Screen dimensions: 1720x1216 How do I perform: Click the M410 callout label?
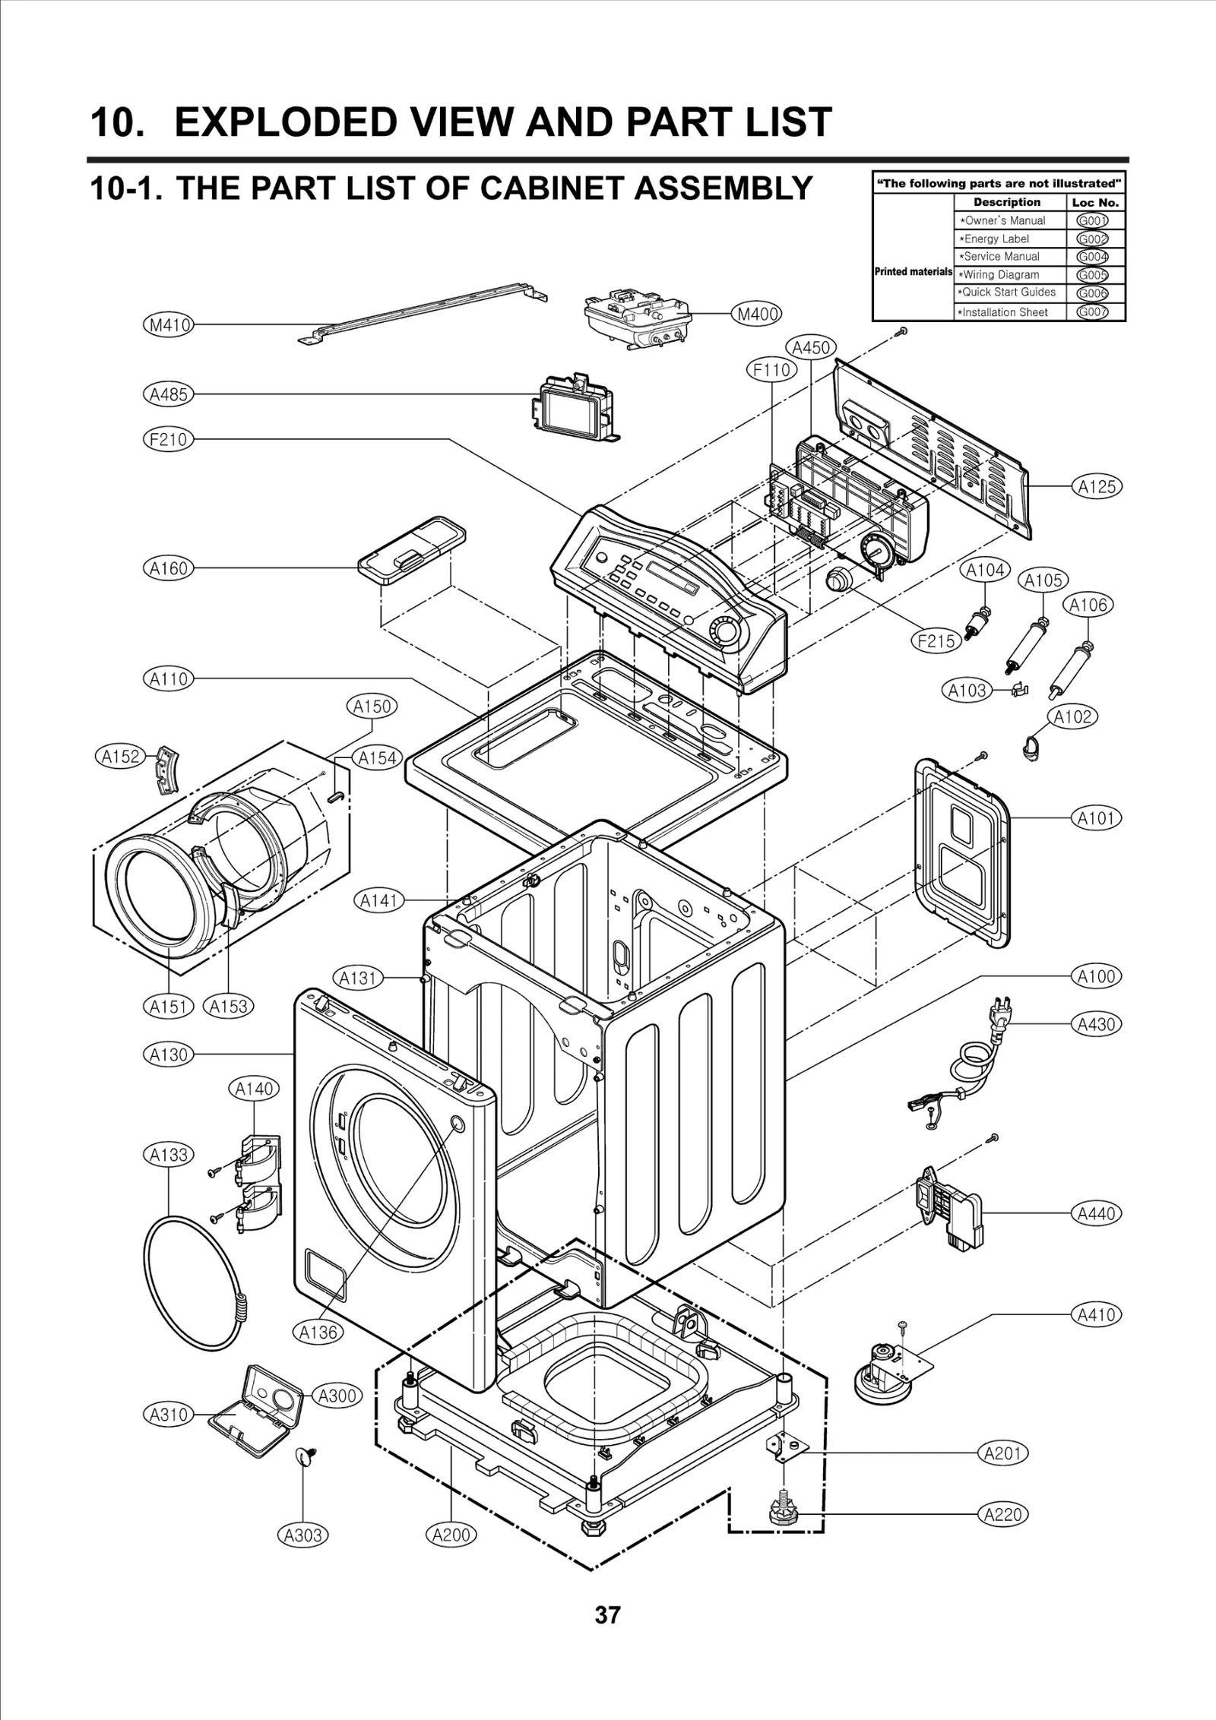168,325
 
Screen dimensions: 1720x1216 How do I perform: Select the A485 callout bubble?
168,394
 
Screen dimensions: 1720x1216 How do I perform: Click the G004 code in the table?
1092,257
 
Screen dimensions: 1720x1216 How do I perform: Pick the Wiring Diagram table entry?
1001,275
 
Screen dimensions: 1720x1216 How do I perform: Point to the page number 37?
607,1636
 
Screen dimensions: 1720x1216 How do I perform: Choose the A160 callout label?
168,568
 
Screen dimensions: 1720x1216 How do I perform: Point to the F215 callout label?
936,640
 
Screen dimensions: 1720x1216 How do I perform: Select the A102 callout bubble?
1072,716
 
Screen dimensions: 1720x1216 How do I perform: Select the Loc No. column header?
1094,203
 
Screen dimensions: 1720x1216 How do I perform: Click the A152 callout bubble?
122,756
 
